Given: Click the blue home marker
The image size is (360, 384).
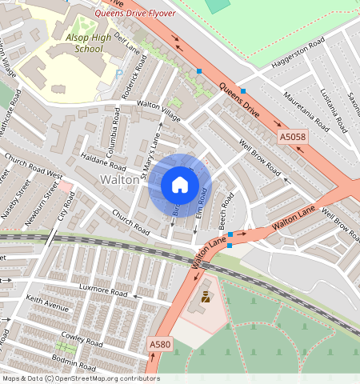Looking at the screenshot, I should (180, 185).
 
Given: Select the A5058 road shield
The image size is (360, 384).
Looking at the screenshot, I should (293, 138).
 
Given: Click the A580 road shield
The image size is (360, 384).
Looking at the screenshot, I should (160, 344).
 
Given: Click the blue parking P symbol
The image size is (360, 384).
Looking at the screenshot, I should (119, 74).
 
